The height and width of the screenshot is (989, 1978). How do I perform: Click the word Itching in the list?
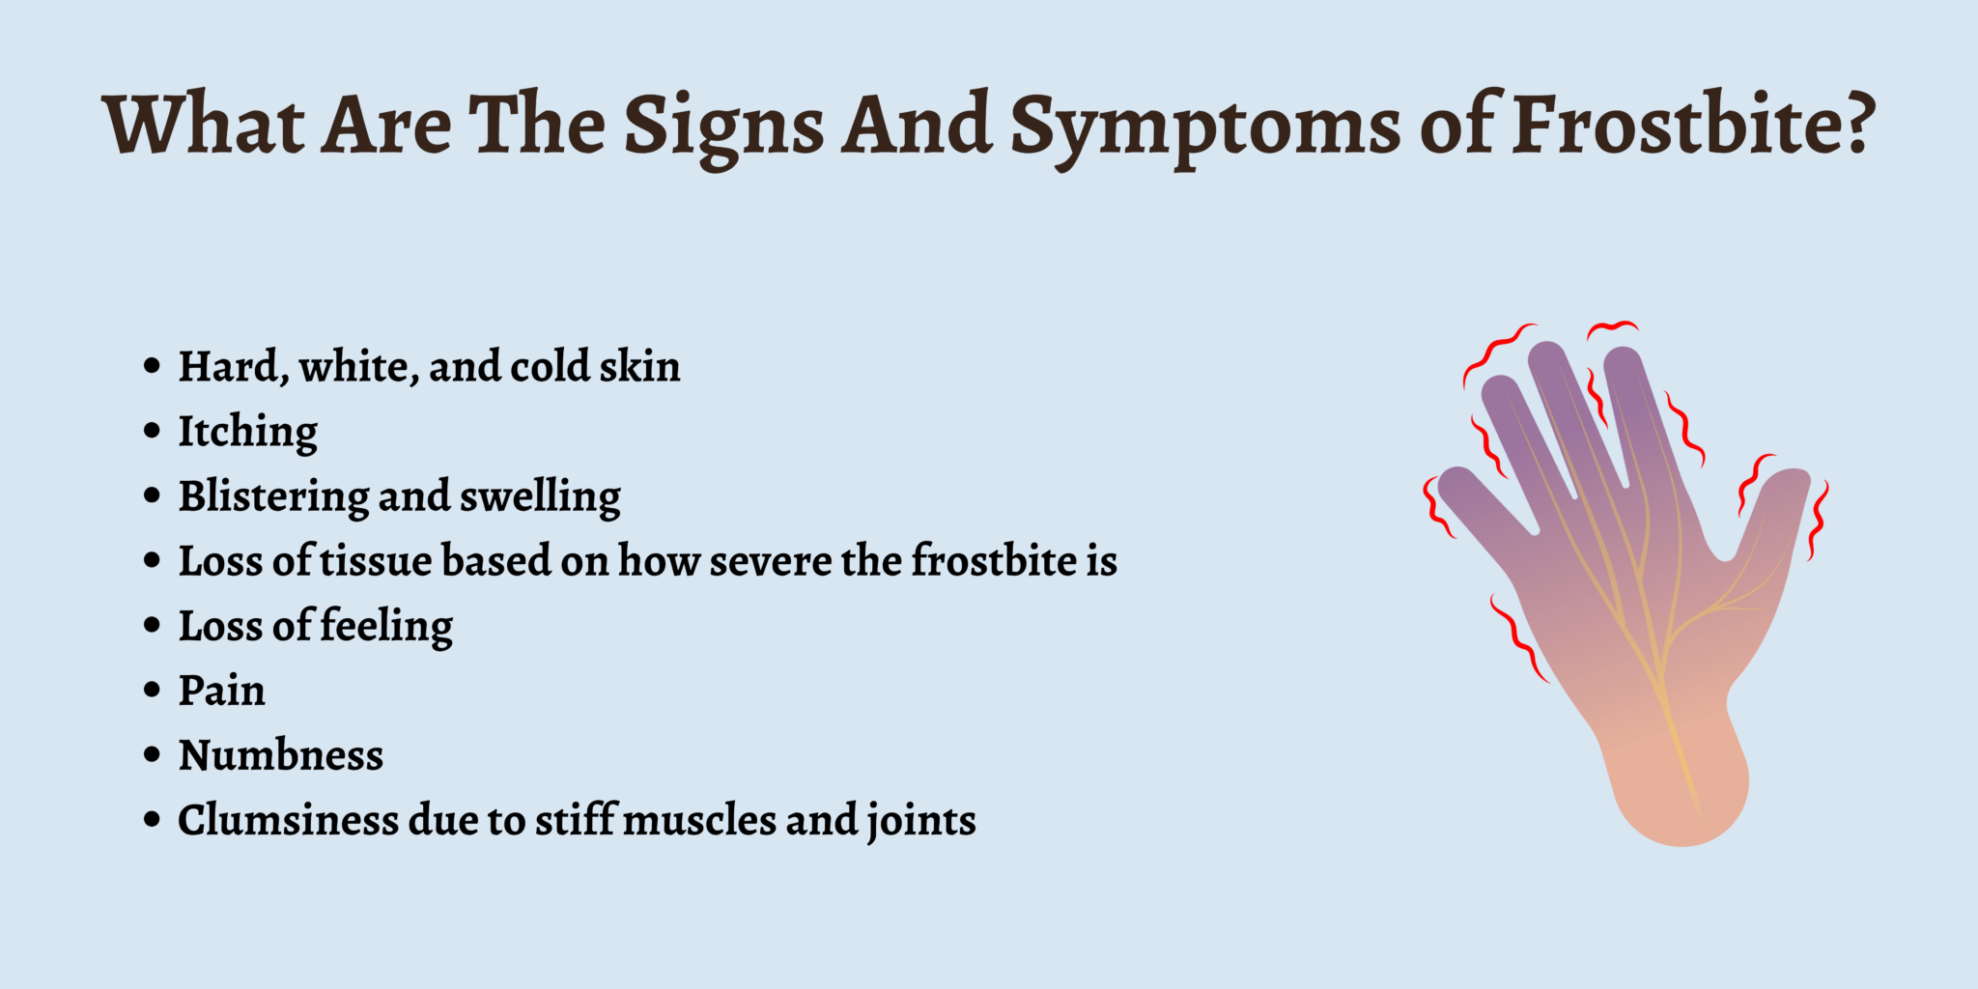[x=248, y=431]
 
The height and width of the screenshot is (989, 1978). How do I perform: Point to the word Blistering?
[x=272, y=496]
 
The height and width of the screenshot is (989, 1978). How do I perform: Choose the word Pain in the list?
[x=221, y=691]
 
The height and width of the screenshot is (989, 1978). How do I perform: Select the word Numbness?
[x=281, y=755]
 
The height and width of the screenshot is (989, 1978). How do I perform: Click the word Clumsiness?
[x=287, y=820]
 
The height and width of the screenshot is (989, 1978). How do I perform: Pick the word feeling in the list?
[x=386, y=626]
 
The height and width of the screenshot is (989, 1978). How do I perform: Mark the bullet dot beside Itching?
[x=152, y=431]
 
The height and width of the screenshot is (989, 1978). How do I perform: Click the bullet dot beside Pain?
[x=152, y=690]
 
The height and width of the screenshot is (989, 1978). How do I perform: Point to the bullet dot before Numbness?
[x=152, y=754]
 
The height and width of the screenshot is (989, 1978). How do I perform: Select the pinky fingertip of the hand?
[x=1455, y=481]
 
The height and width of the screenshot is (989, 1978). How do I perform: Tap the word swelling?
[x=540, y=496]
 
